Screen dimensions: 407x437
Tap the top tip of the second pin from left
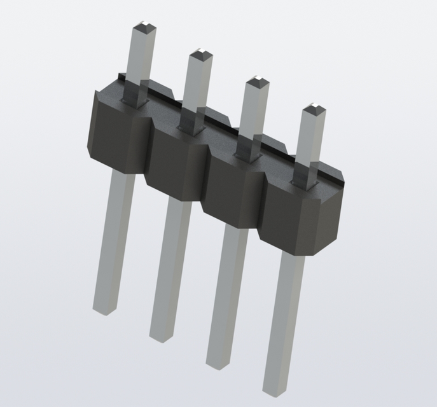(x=201, y=53)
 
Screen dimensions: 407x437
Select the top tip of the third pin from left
(x=258, y=81)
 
